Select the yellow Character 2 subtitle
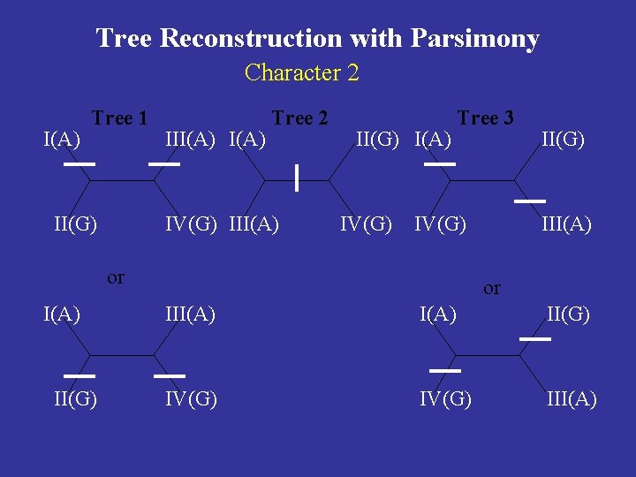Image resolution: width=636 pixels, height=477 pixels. coord(302,72)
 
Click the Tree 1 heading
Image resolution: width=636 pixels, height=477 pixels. coord(119,117)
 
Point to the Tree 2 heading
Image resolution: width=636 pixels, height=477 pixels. coord(299,117)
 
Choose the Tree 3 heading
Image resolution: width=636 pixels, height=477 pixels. coord(485,117)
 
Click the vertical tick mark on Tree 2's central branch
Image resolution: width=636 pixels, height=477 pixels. coord(298,178)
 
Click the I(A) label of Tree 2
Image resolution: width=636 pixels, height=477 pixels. coord(247,139)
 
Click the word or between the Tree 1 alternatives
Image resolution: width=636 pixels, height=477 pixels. coord(116,277)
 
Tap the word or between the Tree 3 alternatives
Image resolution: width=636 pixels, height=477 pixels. coord(492,288)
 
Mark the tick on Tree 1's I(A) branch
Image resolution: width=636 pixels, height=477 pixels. coord(79,164)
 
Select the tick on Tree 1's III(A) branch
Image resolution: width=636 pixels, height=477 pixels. coord(164,164)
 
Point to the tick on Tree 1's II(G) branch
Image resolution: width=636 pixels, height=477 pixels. coord(79,375)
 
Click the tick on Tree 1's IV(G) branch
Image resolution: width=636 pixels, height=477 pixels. coord(170,375)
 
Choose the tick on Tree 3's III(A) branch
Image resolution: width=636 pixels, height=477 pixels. coord(529,201)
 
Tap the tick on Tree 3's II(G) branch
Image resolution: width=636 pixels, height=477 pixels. coord(534,338)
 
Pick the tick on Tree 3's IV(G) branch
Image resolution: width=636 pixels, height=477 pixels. coord(445,370)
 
